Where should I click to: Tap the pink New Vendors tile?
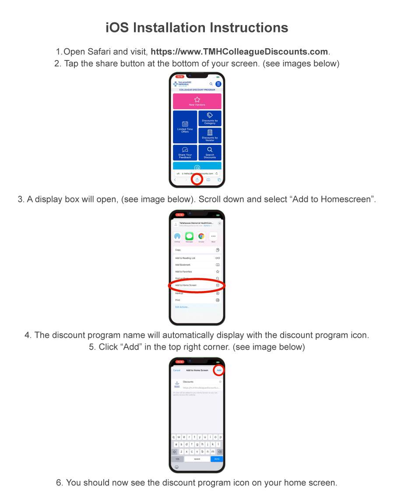click(197, 101)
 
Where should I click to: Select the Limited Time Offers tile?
click(185, 127)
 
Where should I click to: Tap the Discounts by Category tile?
click(210, 118)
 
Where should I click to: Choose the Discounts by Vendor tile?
click(210, 135)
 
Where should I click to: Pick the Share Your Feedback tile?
click(185, 153)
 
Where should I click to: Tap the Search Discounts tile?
click(210, 153)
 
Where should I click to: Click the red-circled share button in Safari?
click(197, 180)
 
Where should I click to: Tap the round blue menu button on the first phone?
click(218, 84)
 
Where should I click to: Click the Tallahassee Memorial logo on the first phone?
click(181, 84)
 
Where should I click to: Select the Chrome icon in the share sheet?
click(201, 236)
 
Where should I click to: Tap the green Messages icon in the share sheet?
click(189, 236)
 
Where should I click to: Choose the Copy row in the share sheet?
click(197, 250)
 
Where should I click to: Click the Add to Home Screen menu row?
click(197, 285)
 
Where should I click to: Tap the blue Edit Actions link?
click(182, 307)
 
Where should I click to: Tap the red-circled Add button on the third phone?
click(219, 370)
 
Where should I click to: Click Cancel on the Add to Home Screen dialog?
click(176, 370)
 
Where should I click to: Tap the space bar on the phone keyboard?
click(197, 459)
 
